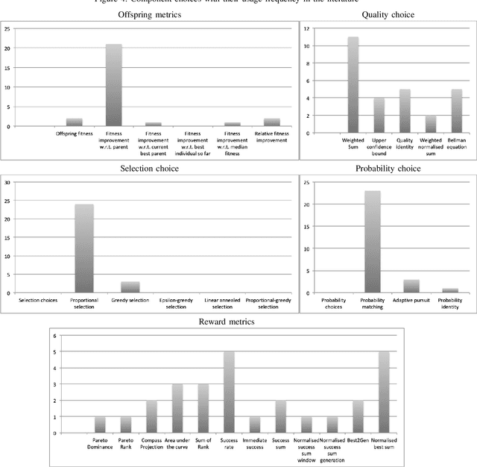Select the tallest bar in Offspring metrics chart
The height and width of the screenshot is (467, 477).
click(x=113, y=85)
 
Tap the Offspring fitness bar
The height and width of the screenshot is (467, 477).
click(x=75, y=122)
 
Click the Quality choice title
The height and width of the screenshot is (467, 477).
click(x=388, y=15)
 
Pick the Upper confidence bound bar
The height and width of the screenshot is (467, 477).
click(x=379, y=115)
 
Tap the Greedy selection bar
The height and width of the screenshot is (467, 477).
click(x=130, y=287)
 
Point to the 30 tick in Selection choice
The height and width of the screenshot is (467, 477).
click(x=7, y=182)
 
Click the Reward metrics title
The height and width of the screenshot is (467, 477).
click(x=238, y=322)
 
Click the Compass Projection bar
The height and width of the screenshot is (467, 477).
click(x=151, y=416)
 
